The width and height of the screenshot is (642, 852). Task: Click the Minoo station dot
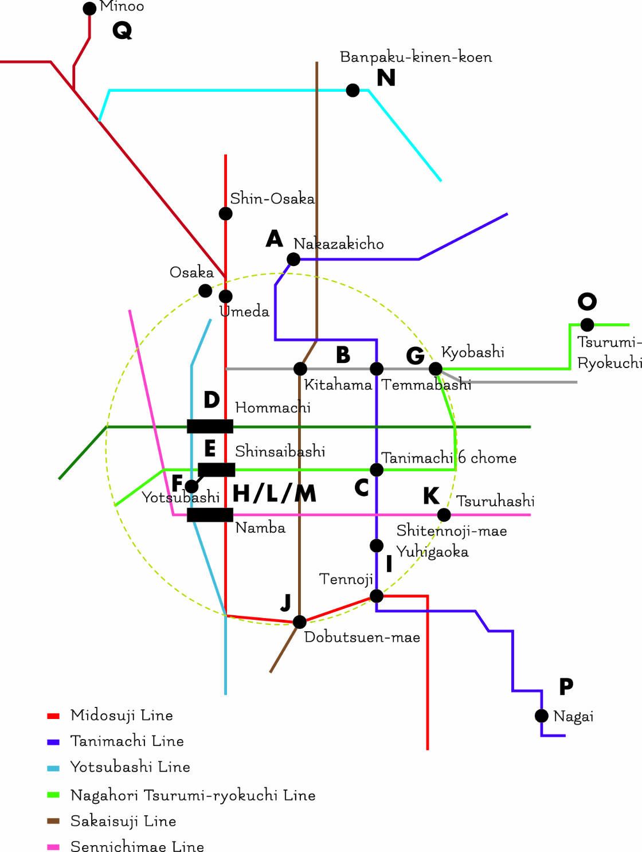click(x=89, y=9)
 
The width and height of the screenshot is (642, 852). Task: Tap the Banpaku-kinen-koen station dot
click(x=353, y=90)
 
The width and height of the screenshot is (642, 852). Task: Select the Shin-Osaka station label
click(x=272, y=199)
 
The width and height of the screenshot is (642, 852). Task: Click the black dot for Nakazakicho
click(x=293, y=259)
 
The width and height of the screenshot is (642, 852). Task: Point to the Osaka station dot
click(x=205, y=291)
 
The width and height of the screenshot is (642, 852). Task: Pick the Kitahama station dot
click(x=300, y=368)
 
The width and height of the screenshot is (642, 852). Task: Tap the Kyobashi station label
click(x=473, y=352)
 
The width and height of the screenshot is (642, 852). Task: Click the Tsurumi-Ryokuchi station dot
click(x=587, y=325)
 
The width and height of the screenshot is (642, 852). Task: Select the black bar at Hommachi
click(x=210, y=426)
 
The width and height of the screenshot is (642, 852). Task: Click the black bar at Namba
click(x=210, y=514)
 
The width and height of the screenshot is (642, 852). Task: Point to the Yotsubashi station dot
click(x=191, y=486)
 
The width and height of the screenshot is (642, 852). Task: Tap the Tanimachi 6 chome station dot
click(x=377, y=470)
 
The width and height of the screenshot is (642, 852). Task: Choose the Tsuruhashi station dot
click(x=444, y=515)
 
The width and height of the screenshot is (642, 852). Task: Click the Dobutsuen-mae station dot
click(x=299, y=622)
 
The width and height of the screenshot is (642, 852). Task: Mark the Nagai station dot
click(x=542, y=716)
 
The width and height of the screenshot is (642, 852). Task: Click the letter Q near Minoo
click(x=122, y=30)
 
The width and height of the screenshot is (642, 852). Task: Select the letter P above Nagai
click(x=566, y=686)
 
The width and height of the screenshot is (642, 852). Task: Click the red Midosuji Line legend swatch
click(x=53, y=716)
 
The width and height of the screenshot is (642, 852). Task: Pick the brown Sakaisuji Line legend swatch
click(x=53, y=822)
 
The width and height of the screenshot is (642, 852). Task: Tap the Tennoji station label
click(x=346, y=579)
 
